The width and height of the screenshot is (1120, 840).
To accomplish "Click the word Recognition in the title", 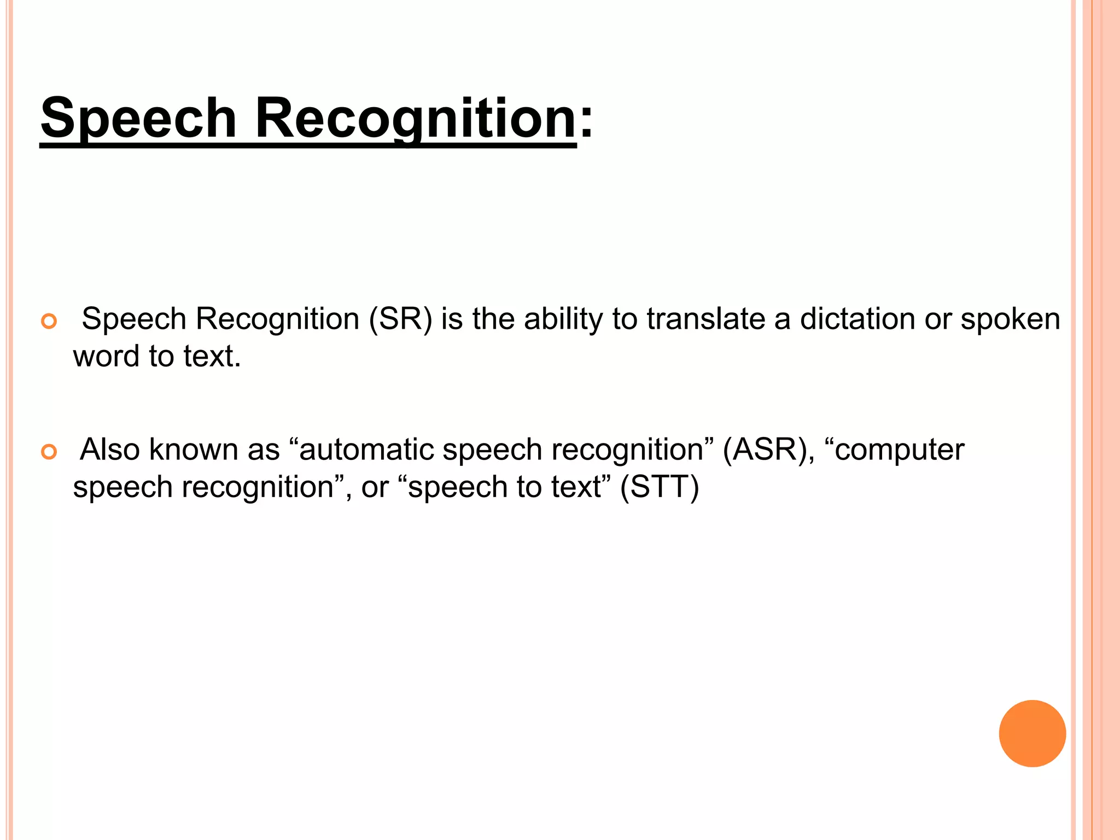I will point(416,118).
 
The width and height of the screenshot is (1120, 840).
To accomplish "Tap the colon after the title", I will point(586,121).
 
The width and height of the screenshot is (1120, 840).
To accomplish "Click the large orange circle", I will point(1032,733).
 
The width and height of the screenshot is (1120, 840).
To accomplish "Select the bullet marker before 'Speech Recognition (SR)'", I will point(49,322).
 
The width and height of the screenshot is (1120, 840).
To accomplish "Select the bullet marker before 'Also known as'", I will point(49,452).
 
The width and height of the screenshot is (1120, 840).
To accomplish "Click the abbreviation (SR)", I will point(400,319).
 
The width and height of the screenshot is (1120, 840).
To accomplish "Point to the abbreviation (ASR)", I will point(765,450).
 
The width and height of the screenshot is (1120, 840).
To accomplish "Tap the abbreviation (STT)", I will point(659,487).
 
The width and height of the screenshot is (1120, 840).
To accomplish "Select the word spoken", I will point(1010,320).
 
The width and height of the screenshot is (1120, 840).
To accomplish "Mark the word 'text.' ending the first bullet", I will point(212,357).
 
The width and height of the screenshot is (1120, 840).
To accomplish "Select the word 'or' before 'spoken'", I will point(938,320).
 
